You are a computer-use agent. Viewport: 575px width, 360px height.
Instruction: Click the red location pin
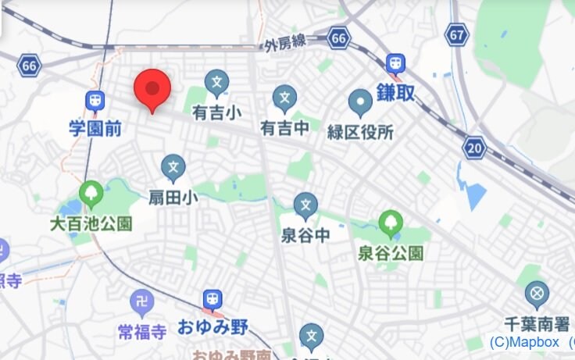[x=152, y=88]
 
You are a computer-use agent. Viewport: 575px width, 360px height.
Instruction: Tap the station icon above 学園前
[x=95, y=101]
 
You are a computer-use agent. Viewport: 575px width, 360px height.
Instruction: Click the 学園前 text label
[x=95, y=128]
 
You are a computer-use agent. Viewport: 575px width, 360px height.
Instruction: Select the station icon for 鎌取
[x=396, y=63]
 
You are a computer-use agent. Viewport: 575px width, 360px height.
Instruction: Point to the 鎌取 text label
[x=396, y=92]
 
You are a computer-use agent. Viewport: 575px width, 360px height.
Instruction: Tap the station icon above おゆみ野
[x=212, y=299]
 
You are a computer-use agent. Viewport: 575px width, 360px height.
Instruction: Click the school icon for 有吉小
[x=216, y=81]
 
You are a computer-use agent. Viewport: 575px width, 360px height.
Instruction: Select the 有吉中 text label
[x=285, y=127]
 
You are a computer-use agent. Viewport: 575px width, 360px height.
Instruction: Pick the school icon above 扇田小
[x=173, y=167]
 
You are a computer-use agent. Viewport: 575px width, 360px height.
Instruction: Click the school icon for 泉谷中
[x=305, y=205]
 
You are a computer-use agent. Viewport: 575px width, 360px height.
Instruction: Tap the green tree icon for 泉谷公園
[x=390, y=224]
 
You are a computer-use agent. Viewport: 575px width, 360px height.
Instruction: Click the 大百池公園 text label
[x=91, y=223]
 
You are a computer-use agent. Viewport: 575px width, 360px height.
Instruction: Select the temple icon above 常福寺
[x=141, y=301]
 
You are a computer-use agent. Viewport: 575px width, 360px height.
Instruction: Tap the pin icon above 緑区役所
[x=360, y=101]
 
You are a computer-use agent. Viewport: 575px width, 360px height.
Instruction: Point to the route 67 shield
[x=459, y=34]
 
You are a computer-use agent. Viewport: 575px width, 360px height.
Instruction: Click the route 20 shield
[x=473, y=147]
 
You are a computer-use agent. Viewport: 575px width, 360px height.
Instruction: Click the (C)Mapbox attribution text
[x=525, y=342]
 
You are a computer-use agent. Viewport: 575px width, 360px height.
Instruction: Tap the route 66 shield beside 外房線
[x=338, y=37]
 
